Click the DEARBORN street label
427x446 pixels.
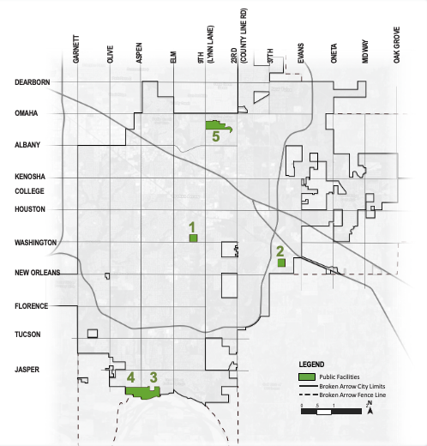33,82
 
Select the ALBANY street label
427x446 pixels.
30,145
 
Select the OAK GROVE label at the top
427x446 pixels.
397,48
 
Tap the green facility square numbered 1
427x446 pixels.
194,238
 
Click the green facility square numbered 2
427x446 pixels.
281,263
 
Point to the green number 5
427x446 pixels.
216,136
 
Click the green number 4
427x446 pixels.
130,377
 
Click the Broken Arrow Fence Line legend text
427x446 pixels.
353,395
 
